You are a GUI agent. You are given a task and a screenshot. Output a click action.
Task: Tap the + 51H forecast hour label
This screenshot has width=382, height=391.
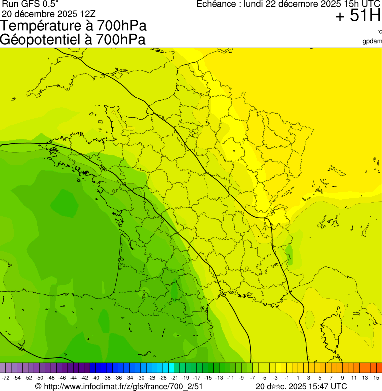(x=358, y=16)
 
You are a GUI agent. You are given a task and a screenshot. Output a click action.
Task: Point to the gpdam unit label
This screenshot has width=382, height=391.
(x=372, y=41)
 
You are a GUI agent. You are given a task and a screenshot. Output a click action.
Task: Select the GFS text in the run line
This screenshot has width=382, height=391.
(x=29, y=4)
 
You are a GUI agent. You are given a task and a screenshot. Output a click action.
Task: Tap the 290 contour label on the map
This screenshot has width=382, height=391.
(x=104, y=169)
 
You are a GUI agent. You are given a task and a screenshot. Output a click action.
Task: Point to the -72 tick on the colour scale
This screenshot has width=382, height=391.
(x=6, y=378)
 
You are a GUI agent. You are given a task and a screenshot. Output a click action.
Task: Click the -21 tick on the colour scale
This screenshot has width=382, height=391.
(x=174, y=378)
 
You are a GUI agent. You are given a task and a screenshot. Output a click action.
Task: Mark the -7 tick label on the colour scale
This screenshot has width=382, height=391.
(x=253, y=378)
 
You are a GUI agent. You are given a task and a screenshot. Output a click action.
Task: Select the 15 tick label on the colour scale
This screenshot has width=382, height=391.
(x=377, y=378)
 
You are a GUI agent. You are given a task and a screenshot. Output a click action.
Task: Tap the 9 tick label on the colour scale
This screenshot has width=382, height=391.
(x=343, y=378)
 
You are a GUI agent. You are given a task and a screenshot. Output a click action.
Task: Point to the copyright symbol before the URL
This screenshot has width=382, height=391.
(x=38, y=386)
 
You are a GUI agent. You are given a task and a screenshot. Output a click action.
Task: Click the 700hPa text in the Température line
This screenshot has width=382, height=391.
(x=122, y=26)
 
